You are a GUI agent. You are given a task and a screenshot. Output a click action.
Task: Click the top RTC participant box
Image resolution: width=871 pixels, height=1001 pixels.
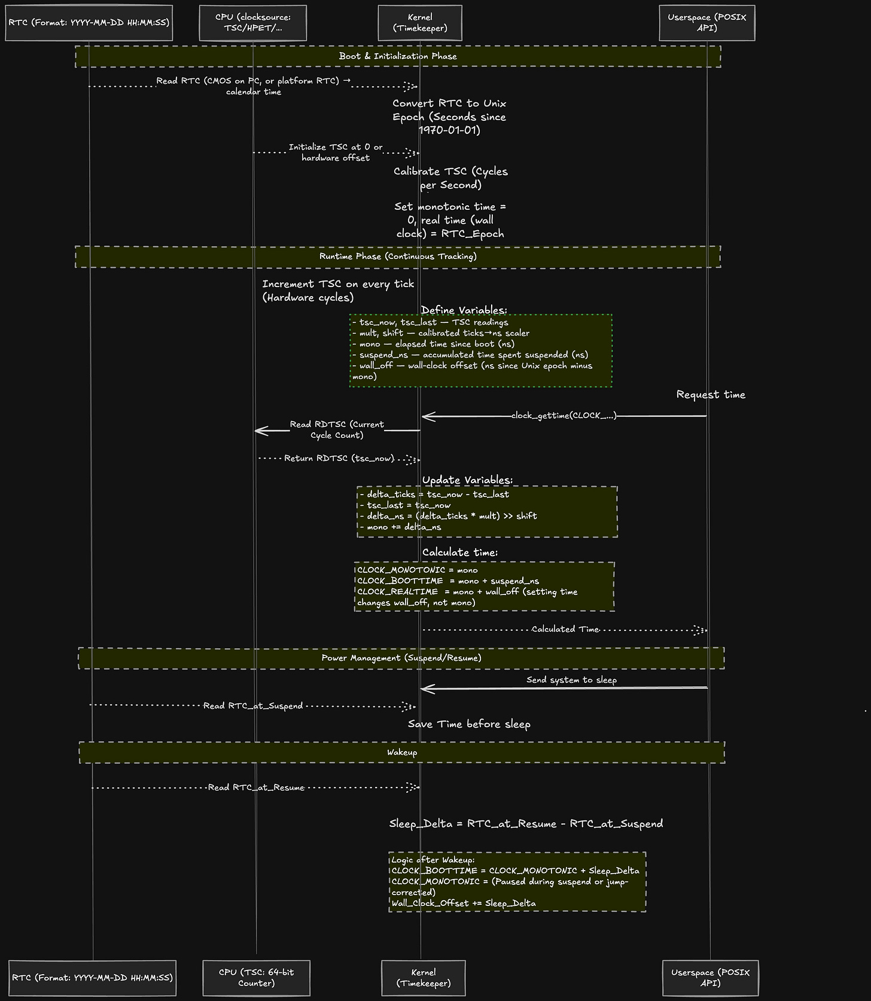(x=89, y=23)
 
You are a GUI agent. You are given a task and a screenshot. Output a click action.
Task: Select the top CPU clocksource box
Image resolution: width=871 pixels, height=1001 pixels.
(x=252, y=23)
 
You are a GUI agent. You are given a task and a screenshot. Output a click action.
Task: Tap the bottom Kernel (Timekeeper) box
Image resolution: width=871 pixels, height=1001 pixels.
(x=423, y=978)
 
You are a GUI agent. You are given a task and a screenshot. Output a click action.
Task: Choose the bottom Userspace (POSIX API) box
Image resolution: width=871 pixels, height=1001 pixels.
(x=710, y=978)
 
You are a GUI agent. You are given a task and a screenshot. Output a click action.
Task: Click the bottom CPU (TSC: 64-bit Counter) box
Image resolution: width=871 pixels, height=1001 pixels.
(x=256, y=978)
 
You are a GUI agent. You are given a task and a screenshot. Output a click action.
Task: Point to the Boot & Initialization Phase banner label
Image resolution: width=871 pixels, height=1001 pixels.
(x=398, y=56)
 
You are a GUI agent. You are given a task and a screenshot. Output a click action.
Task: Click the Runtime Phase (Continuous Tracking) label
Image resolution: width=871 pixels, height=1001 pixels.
(x=398, y=257)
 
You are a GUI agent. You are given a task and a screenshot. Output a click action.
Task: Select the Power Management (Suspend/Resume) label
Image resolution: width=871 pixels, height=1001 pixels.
(x=401, y=658)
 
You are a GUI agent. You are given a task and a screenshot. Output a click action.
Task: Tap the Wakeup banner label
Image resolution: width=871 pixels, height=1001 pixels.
(x=402, y=752)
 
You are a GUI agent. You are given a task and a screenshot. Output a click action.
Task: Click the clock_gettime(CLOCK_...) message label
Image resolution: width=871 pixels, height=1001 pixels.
(x=564, y=416)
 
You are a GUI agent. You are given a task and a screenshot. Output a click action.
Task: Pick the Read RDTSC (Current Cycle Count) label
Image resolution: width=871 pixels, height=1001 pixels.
(x=337, y=429)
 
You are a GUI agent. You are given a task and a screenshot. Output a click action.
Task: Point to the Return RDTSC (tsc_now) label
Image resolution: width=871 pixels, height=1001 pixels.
(x=339, y=459)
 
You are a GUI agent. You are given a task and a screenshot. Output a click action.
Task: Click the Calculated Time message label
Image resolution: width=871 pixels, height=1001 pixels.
(x=565, y=629)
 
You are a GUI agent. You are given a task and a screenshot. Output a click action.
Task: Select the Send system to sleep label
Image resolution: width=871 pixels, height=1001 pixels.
(x=571, y=680)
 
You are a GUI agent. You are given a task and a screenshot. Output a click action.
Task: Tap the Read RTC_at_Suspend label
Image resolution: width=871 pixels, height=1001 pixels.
(x=253, y=706)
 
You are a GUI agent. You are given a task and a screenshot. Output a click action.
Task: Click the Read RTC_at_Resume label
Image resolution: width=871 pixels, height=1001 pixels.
(x=256, y=788)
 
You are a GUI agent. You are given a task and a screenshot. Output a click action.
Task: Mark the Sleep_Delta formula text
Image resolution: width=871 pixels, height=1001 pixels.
(x=526, y=823)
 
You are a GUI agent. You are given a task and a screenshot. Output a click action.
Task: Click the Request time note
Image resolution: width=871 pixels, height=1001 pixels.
(x=711, y=395)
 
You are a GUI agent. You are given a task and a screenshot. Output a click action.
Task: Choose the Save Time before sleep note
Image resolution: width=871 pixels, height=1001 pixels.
(x=469, y=724)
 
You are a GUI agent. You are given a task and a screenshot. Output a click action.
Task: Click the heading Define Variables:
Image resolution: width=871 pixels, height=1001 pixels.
(x=464, y=310)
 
